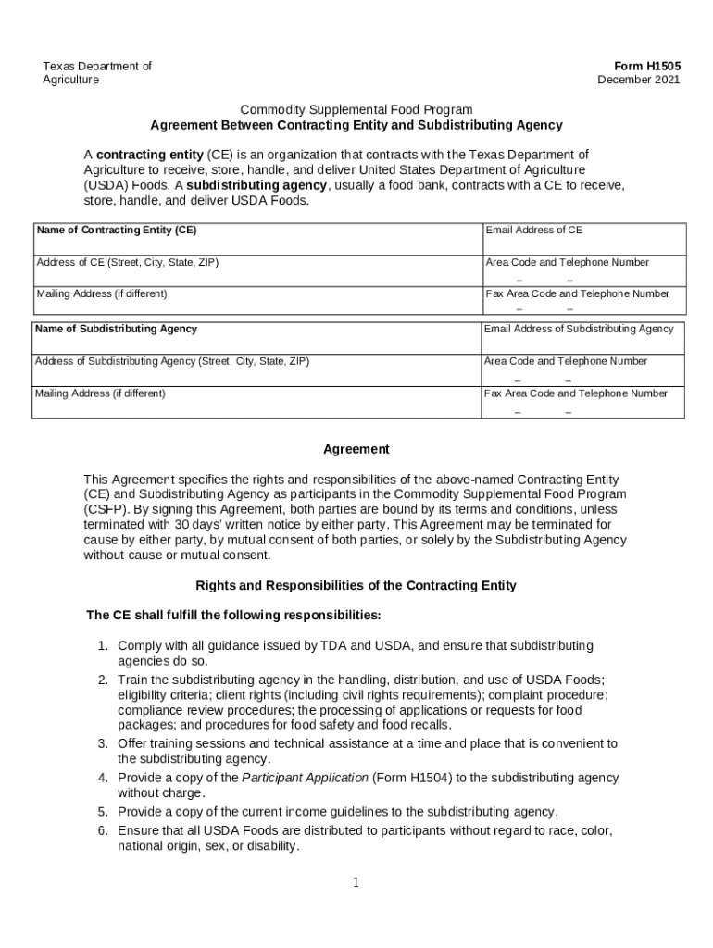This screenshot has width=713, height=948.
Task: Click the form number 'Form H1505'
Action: [647, 66]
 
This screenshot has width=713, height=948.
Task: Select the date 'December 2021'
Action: [638, 80]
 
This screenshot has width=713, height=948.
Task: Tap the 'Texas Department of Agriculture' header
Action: [97, 72]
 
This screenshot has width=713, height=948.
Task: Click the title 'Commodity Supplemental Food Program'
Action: [356, 109]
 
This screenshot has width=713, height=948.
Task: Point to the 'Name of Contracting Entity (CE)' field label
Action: [116, 230]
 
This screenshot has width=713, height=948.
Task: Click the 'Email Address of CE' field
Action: [534, 230]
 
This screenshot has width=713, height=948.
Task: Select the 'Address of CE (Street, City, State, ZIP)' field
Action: [128, 262]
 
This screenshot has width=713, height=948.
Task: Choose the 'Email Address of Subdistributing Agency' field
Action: [578, 329]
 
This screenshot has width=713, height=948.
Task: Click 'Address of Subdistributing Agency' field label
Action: [172, 361]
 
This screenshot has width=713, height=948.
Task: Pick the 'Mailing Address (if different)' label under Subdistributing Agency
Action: [100, 393]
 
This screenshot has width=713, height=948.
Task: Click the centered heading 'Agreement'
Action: [356, 449]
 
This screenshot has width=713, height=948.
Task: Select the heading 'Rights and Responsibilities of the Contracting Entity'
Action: [356, 586]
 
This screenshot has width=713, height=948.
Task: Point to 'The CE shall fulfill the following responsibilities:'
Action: [233, 615]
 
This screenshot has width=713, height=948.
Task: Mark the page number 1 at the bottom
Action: [356, 882]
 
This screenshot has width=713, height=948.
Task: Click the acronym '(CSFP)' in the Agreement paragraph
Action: [106, 509]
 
